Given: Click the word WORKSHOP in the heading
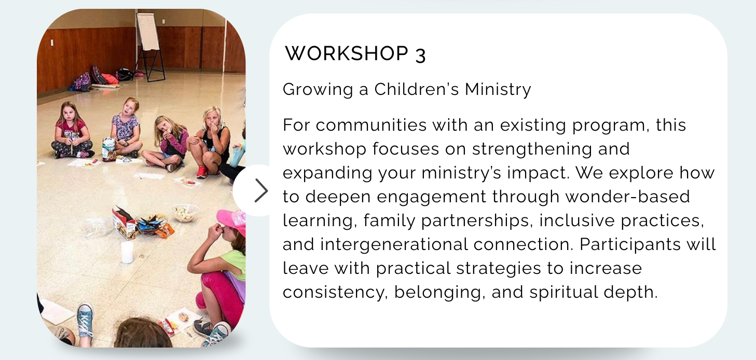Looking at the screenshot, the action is click(347, 53).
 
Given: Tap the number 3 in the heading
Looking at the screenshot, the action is click(420, 55).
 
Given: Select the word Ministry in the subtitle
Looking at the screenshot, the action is click(498, 90).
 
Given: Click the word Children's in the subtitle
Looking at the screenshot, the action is click(417, 89).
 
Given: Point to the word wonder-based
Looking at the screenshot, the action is click(628, 197).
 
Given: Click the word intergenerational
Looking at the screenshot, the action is click(394, 244).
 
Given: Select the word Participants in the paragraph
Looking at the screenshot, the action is click(630, 244).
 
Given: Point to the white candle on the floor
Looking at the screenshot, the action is click(127, 252).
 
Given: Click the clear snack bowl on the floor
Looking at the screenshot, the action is click(185, 213).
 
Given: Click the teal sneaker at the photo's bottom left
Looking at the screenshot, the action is click(85, 321).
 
